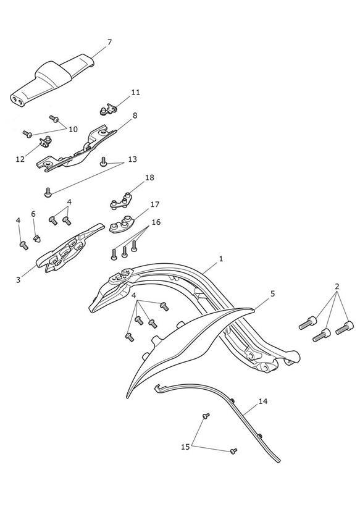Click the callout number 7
[109, 42]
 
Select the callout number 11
[136, 92]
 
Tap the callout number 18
[149, 177]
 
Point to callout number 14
[263, 402]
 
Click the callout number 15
[185, 447]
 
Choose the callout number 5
[273, 293]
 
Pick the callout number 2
[337, 287]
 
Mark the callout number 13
[132, 159]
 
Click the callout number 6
[33, 214]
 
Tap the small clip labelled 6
[37, 238]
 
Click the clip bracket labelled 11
[108, 109]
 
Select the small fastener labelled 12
[45, 141]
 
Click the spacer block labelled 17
[122, 224]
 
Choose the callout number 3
[18, 279]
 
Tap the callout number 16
[156, 222]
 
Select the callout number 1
[221, 259]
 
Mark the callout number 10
[73, 129]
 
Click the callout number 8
[135, 116]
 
